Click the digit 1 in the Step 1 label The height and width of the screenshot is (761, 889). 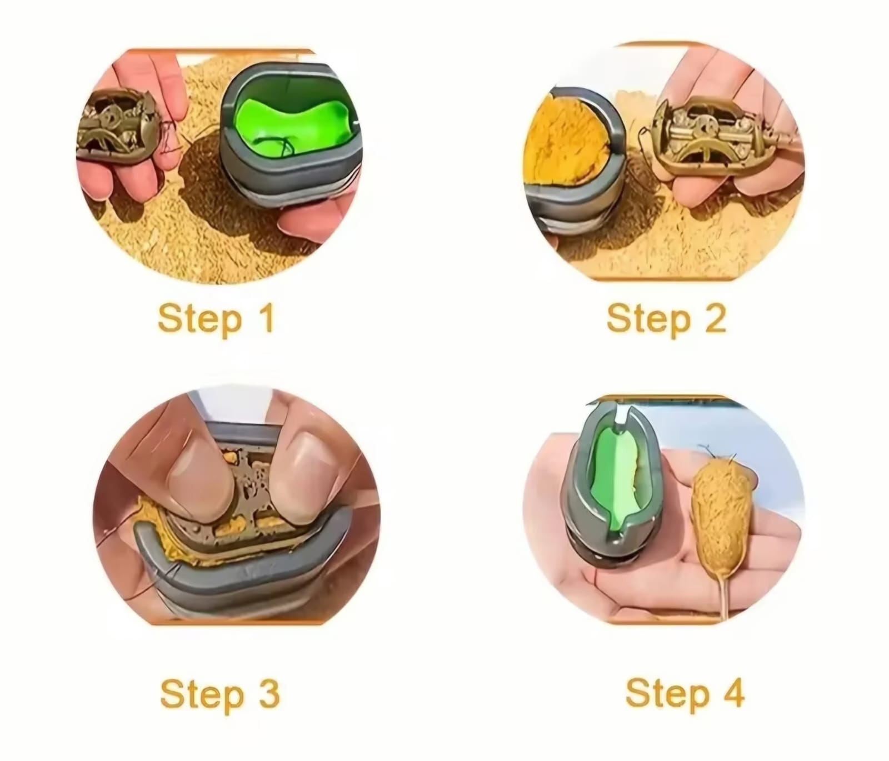(x=266, y=318)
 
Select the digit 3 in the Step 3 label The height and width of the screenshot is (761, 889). (x=268, y=694)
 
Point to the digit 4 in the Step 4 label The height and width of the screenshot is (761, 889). (x=732, y=692)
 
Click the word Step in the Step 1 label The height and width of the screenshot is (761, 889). (x=200, y=320)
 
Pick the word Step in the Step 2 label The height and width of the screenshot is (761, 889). (x=648, y=320)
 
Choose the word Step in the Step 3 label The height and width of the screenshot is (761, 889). (x=202, y=695)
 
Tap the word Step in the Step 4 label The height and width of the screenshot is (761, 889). (x=667, y=694)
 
